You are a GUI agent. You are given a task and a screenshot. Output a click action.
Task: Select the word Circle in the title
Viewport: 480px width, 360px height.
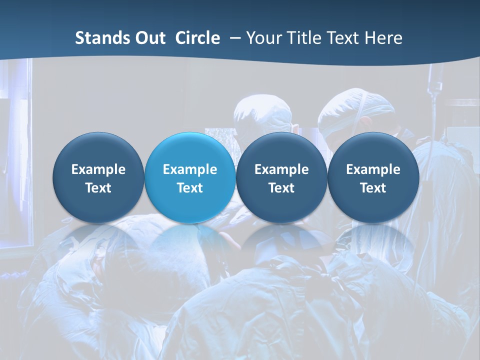pos(197,38)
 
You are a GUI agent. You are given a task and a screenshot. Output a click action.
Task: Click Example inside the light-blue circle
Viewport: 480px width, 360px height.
pos(190,169)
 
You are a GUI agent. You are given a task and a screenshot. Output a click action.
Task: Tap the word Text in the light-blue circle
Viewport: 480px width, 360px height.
pos(190,188)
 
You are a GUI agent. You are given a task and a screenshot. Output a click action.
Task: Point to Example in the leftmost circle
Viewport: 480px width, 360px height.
pos(98,169)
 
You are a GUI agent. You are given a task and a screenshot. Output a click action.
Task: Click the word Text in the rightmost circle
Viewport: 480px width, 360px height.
pos(373,188)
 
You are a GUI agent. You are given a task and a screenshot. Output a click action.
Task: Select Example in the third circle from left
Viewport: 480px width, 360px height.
pos(281,169)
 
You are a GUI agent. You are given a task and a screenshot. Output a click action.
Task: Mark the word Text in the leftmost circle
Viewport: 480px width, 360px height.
pos(98,188)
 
